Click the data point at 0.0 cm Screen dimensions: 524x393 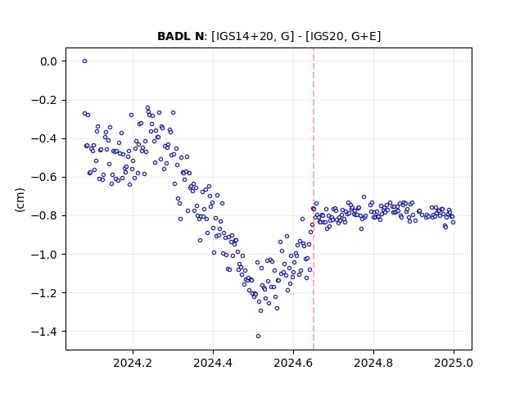point(84,61)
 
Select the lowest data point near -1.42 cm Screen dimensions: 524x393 point(258,336)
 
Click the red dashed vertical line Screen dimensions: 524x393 point(314,199)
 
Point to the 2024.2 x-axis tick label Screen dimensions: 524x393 point(133,363)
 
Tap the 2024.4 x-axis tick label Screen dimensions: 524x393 point(213,363)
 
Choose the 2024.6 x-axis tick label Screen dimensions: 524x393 point(293,363)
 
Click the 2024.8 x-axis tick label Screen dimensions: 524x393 point(373,363)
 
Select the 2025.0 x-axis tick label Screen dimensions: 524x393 point(454,363)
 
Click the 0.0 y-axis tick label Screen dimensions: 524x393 point(49,61)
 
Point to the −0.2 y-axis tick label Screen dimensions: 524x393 point(44,100)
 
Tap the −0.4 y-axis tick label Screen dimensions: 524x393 point(44,138)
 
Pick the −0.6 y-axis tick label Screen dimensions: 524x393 point(44,177)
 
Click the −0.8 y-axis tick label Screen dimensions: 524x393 point(44,216)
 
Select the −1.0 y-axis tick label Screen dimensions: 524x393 point(44,255)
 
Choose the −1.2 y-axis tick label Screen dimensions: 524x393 point(44,293)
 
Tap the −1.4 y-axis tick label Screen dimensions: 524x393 point(44,332)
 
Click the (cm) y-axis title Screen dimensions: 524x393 point(20,200)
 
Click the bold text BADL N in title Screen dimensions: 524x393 point(180,36)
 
